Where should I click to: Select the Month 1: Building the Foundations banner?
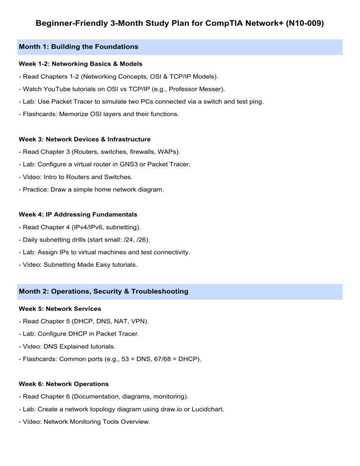(x=180, y=47)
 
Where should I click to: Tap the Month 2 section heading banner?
(x=180, y=292)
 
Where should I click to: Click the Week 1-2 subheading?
(x=80, y=63)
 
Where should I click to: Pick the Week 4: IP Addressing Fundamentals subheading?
(x=78, y=215)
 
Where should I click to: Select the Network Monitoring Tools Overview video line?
(x=84, y=422)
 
